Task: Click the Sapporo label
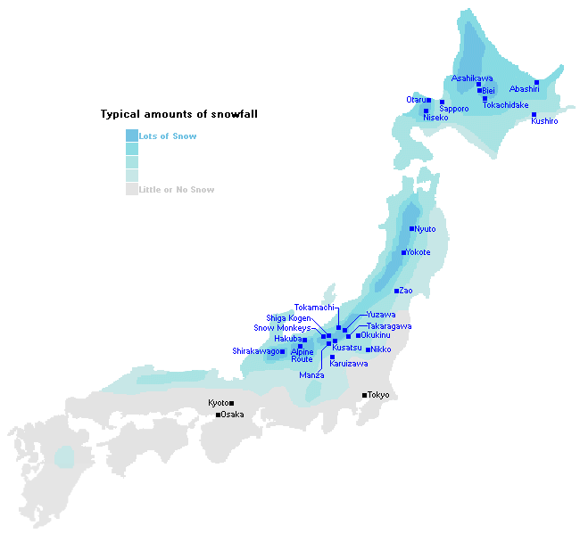[453, 109]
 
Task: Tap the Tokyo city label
[378, 394]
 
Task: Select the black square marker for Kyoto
[232, 403]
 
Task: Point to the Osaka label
[232, 414]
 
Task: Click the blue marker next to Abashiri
[536, 82]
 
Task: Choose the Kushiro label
[544, 121]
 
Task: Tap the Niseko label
[435, 118]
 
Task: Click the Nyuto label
[425, 229]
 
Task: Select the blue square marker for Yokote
[403, 252]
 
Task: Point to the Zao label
[406, 291]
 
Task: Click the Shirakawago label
[255, 351]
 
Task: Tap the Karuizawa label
[348, 364]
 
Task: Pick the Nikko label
[381, 349]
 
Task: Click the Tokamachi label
[314, 308]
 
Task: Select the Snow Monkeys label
[282, 328]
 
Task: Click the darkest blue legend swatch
[132, 136]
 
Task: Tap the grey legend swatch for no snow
[132, 189]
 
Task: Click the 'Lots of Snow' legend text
[168, 136]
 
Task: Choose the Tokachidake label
[505, 105]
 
